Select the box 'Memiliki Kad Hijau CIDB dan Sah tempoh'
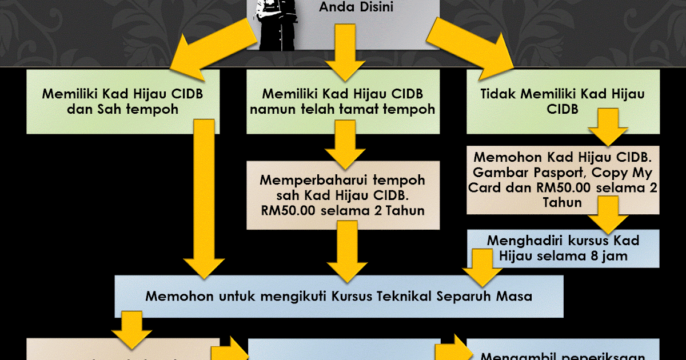[123, 101]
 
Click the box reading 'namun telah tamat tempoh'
[343, 101]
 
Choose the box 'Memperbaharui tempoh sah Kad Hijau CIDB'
[343, 195]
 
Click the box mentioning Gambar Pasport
[563, 180]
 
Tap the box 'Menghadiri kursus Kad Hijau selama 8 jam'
[563, 248]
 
